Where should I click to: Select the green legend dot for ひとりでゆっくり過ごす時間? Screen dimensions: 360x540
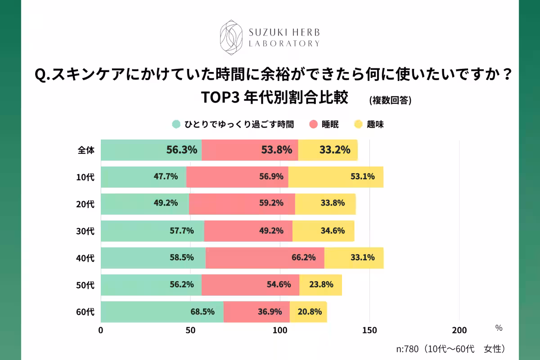point(176,125)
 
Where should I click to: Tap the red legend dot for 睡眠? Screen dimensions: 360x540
point(314,125)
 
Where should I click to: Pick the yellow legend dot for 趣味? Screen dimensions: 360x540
point(359,125)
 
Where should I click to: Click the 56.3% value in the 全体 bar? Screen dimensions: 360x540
point(182,150)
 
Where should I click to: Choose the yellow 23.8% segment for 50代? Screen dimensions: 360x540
point(320,285)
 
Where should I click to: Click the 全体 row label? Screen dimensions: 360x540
point(86,150)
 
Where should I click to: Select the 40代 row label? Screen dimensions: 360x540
point(85,258)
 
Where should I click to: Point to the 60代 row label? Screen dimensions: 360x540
point(85,312)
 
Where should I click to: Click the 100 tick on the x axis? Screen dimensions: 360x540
point(280,330)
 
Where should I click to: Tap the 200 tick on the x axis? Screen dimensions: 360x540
point(459,330)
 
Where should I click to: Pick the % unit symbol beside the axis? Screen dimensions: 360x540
point(499,328)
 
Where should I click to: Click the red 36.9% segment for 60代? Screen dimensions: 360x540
point(256,312)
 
